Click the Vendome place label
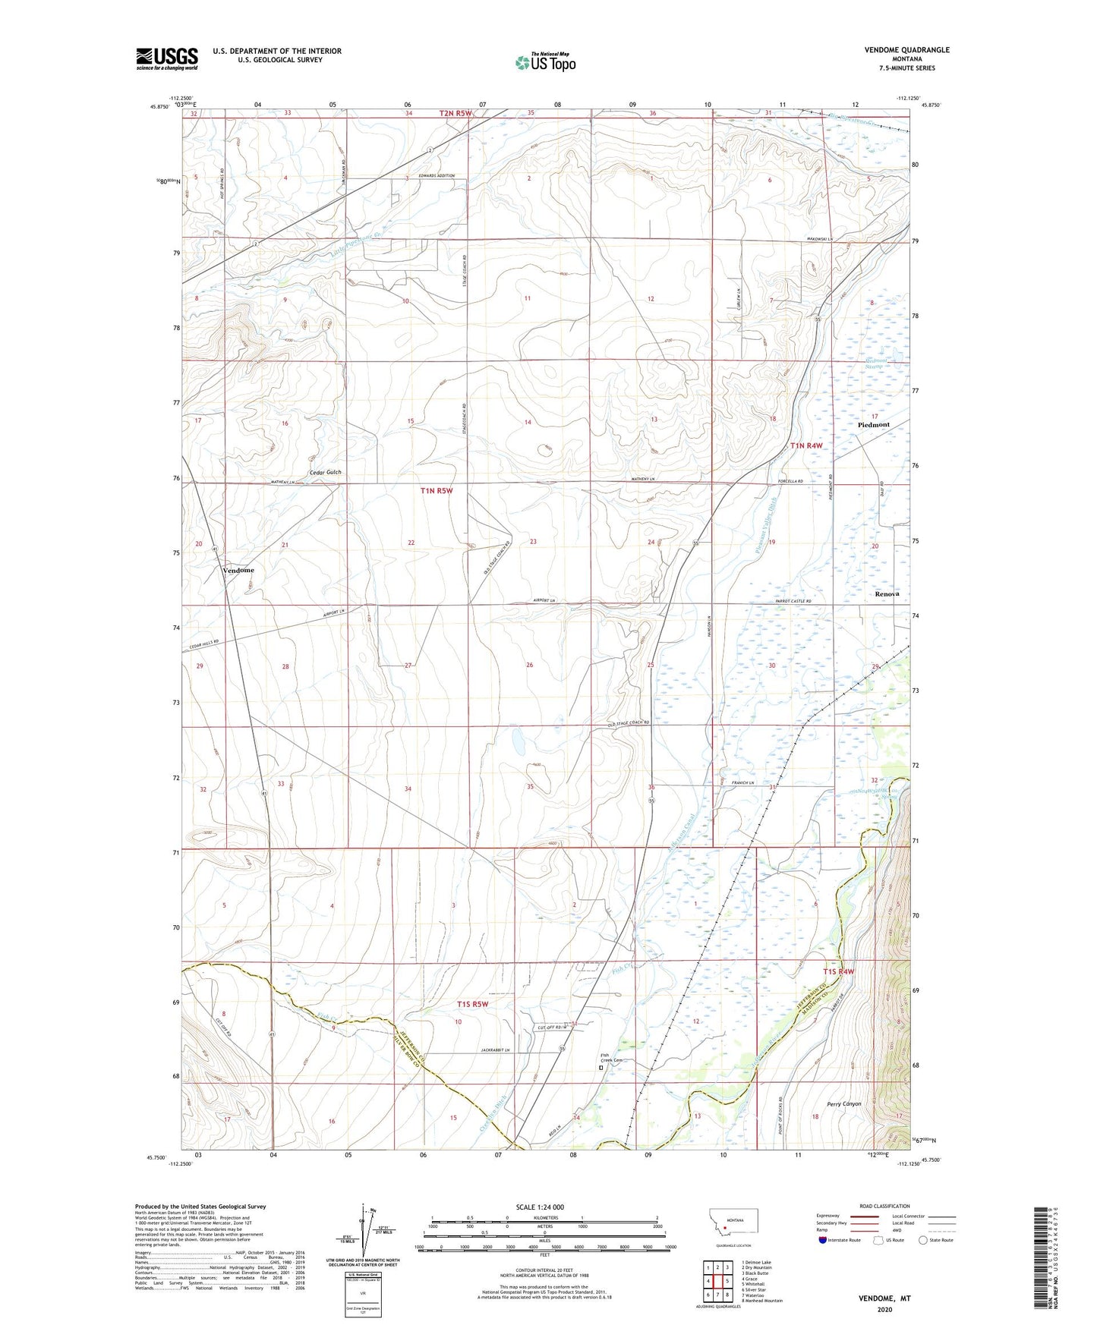click(x=238, y=570)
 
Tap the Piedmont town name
click(x=873, y=425)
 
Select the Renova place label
click(x=886, y=593)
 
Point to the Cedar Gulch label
click(x=326, y=472)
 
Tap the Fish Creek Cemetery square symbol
click(x=601, y=1067)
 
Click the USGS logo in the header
click(x=167, y=58)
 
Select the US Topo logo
click(x=544, y=62)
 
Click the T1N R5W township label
click(x=437, y=491)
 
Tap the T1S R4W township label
click(x=838, y=971)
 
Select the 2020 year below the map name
click(x=884, y=1310)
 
